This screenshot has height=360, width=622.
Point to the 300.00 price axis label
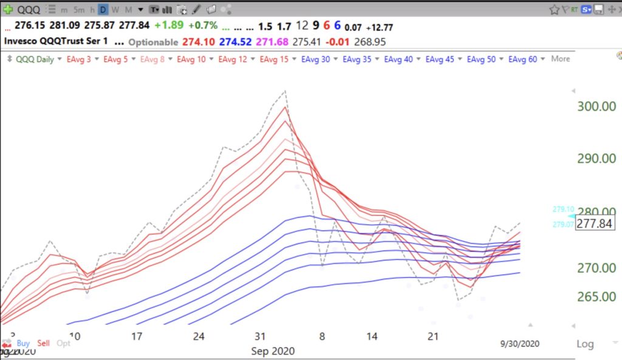tap(596, 106)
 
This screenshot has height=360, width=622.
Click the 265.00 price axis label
tap(596, 297)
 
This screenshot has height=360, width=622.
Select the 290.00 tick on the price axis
tap(596, 158)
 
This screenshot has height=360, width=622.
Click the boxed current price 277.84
tap(595, 223)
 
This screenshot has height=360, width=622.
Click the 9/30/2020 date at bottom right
tap(515, 343)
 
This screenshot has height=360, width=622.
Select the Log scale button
tap(584, 344)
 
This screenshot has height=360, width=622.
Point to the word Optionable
tap(154, 42)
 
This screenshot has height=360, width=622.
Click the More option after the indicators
tap(560, 59)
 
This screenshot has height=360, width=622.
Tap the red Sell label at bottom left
tap(43, 343)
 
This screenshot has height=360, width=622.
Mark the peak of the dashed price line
tap(285, 91)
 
